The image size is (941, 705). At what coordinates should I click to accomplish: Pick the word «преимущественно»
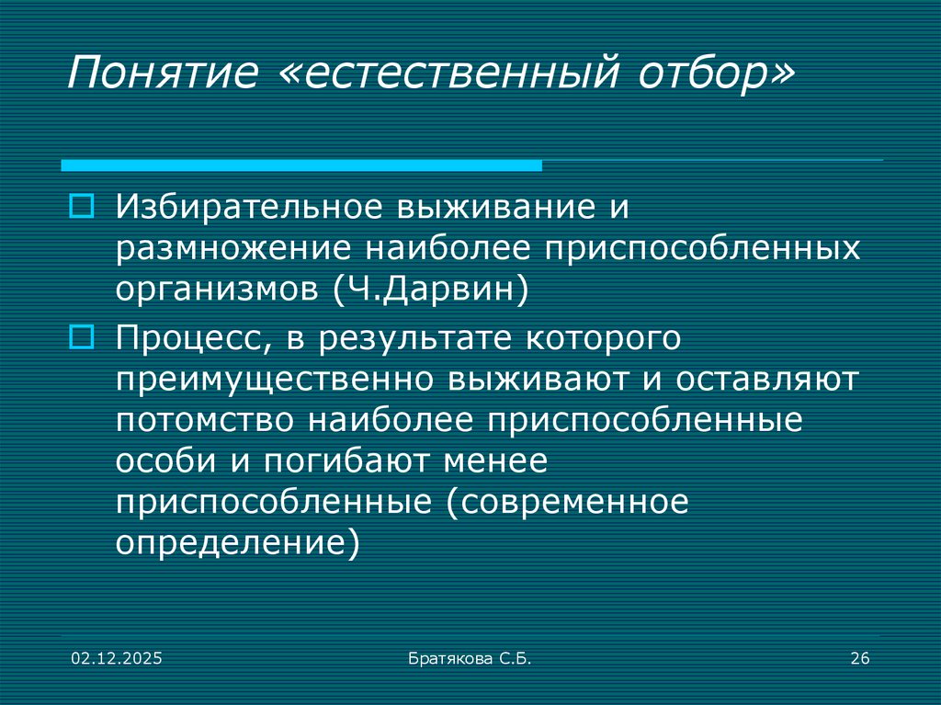point(275,379)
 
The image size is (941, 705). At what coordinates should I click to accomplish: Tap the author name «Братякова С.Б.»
point(470,658)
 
